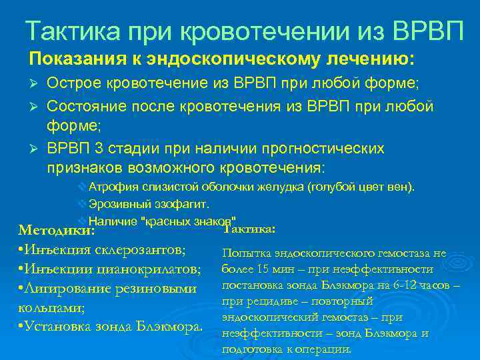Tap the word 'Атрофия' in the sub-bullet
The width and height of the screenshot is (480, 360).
pyautogui.click(x=111, y=185)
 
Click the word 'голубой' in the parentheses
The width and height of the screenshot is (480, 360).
pyautogui.click(x=327, y=185)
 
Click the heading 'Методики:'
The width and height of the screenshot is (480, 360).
pyautogui.click(x=56, y=231)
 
